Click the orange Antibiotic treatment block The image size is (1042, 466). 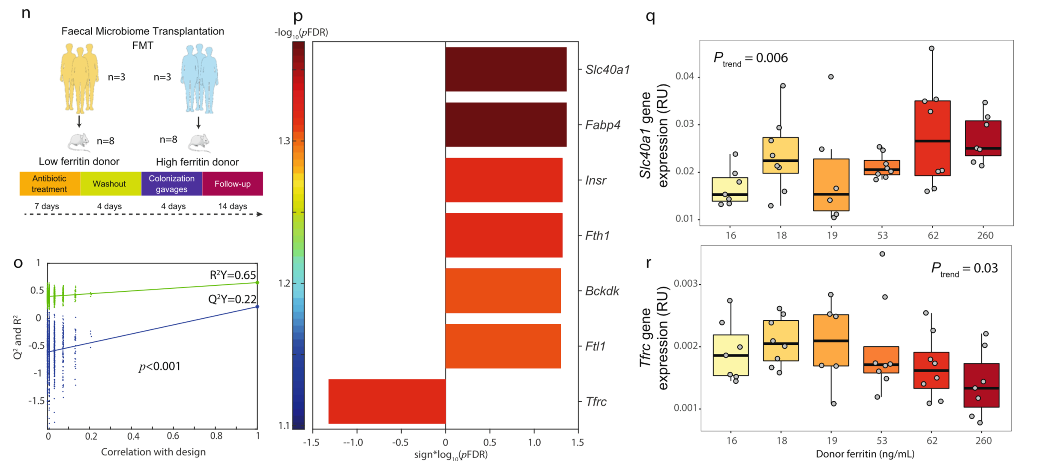click(x=50, y=184)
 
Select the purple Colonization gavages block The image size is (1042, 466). click(x=171, y=184)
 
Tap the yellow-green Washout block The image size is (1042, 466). click(x=110, y=184)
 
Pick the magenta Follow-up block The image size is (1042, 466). click(x=232, y=184)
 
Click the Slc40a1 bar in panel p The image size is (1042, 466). click(x=506, y=69)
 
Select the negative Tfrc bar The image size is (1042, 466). click(x=387, y=401)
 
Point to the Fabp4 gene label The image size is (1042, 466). click(x=603, y=125)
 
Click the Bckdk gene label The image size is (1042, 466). click(x=602, y=291)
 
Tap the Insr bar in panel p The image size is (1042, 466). click(x=503, y=180)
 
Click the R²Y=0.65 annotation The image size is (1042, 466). click(x=233, y=275)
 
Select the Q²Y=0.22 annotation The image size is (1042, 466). click(x=232, y=299)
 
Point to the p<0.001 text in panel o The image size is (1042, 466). click(x=160, y=367)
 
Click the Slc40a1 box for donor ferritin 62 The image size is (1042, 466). click(x=932, y=138)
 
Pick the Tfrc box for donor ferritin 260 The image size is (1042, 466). click(x=981, y=385)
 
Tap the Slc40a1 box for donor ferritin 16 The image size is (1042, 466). click(x=730, y=189)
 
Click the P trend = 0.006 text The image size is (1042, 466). click(x=750, y=58)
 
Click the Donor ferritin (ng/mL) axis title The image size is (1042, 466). click(x=865, y=454)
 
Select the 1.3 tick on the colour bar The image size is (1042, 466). click(x=284, y=141)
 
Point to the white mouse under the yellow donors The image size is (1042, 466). click(x=78, y=142)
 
